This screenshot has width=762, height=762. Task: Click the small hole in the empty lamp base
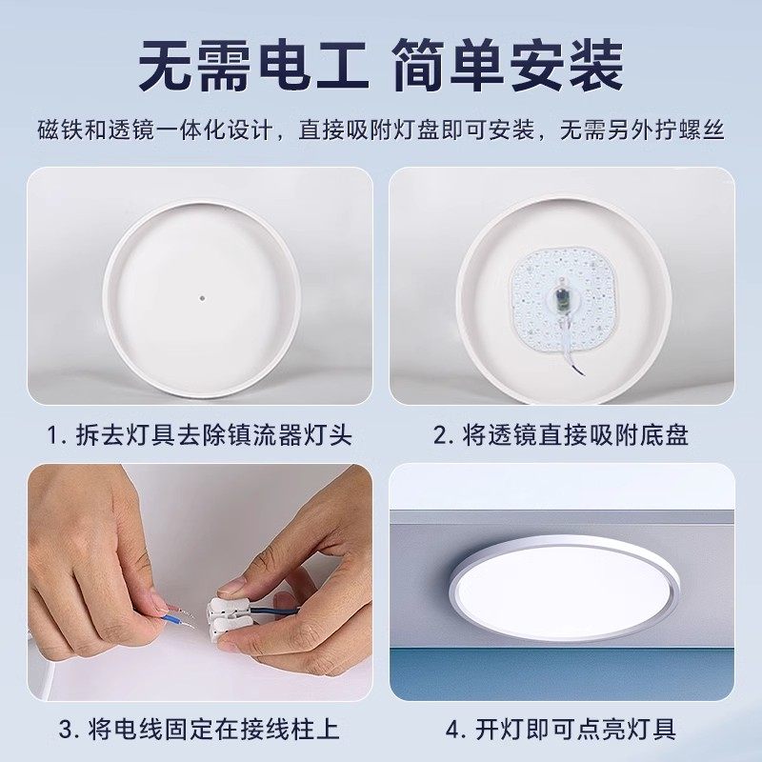coord(202,297)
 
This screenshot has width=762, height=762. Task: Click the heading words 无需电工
coord(252,66)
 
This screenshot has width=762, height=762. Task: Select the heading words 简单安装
coord(509,66)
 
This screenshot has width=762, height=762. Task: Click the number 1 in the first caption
coord(53,435)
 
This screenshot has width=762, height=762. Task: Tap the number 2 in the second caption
coord(440,435)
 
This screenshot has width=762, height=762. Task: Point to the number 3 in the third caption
coord(66,730)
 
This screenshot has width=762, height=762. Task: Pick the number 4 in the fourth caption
coord(452,730)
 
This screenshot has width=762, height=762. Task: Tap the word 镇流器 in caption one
coord(264,435)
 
